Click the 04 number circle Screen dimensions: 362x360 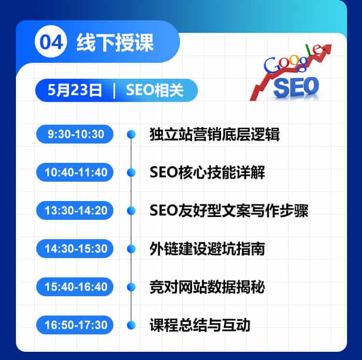[51, 42]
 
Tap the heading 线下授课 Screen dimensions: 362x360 [115, 43]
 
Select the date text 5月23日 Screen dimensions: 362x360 [74, 90]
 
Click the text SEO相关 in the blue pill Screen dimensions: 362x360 [154, 90]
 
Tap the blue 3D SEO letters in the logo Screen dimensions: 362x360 [296, 87]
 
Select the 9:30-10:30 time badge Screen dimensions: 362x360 [75, 134]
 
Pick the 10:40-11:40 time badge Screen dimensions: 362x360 [75, 172]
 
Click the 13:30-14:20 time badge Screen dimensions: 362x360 [75, 210]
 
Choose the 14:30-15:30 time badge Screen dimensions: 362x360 [75, 248]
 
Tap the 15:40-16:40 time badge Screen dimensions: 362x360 [75, 287]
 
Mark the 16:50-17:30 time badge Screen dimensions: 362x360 [75, 325]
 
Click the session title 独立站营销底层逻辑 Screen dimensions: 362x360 [215, 134]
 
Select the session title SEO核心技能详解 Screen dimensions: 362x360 [208, 173]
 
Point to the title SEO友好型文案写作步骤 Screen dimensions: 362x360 [229, 211]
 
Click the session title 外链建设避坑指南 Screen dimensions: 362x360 [208, 249]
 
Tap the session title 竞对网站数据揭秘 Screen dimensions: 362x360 [208, 287]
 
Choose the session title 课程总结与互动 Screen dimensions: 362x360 [200, 325]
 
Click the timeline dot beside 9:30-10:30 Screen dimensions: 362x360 [131, 134]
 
